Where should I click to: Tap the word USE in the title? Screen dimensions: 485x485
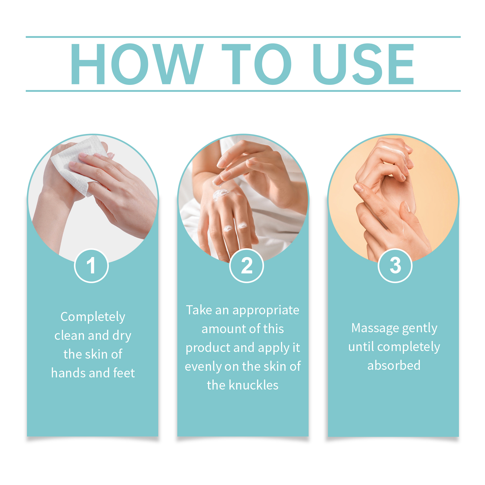tap(364, 64)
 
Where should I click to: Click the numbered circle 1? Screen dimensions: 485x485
tap(91, 266)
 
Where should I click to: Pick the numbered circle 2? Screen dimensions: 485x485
tap(246, 266)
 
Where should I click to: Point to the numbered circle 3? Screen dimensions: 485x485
tap(395, 266)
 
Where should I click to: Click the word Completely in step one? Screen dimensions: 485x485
tap(93, 317)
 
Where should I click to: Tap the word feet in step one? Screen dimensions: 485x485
tap(124, 373)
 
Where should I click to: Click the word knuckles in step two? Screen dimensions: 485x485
tap(253, 385)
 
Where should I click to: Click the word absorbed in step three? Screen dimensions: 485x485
tap(394, 365)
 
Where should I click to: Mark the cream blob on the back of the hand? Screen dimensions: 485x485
tap(220, 194)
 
